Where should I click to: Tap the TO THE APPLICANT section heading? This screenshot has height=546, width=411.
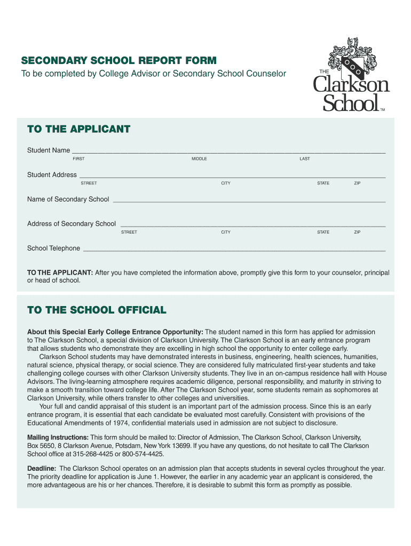(78, 129)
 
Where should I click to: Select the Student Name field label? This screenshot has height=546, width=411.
(49, 150)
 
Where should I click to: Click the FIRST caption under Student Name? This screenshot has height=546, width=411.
(78, 159)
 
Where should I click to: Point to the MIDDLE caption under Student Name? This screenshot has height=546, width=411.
(199, 159)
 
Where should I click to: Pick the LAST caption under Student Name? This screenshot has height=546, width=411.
(304, 159)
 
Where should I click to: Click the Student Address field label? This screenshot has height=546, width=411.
(52, 175)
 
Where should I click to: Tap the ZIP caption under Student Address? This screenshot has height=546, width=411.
(357, 183)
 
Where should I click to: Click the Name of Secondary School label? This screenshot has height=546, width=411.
(68, 199)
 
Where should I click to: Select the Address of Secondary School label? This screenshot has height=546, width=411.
(72, 224)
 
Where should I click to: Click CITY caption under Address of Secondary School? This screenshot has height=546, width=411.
(226, 232)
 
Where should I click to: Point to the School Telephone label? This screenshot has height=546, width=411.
(53, 248)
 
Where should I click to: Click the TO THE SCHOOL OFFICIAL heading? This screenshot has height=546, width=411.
(97, 310)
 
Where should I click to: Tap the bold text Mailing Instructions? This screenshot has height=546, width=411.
(58, 437)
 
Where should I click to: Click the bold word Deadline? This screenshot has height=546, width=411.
(42, 469)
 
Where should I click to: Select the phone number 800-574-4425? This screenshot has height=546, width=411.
(144, 454)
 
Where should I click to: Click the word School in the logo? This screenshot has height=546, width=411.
(350, 102)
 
